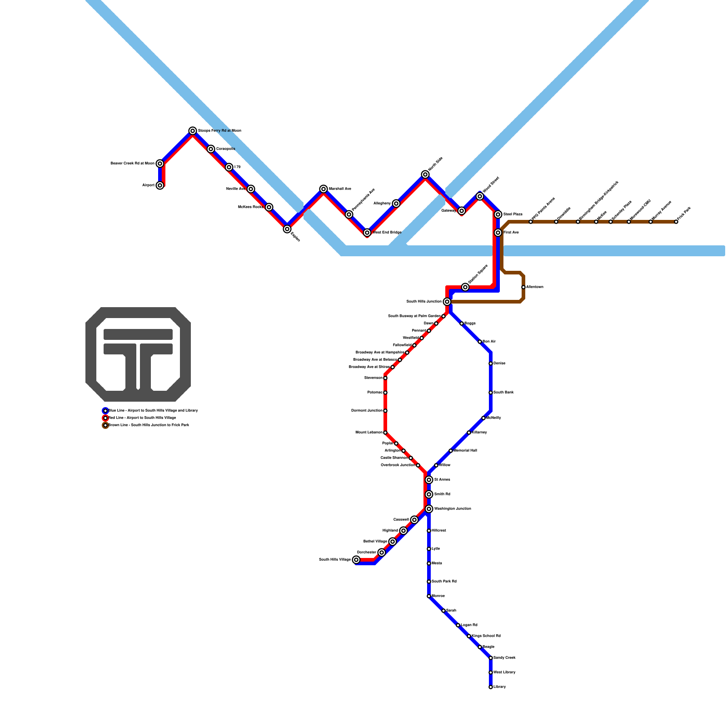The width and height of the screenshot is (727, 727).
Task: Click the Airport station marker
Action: pos(160,185)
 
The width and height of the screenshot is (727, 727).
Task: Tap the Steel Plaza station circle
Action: pos(498,214)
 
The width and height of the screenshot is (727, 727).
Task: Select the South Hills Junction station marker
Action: pos(447,302)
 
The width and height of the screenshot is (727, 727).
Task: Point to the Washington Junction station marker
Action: pos(429,509)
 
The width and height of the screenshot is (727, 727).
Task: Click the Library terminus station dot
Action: pos(491,687)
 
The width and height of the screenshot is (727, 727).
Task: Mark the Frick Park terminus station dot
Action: pos(676,222)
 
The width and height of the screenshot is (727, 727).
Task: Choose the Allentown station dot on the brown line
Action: pos(523,287)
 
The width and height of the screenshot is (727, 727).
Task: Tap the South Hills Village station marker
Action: pos(356,560)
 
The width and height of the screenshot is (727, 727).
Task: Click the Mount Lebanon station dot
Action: pos(385,433)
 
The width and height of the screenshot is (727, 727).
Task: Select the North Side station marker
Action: pos(425,174)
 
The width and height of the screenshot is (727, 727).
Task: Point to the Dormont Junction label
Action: pos(366,411)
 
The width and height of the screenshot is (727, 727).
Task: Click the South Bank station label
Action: pos(503,393)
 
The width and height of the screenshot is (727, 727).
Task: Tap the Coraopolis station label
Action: pos(225,149)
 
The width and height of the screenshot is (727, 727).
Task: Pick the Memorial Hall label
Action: pos(465,451)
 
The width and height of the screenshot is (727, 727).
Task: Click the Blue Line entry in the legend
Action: pos(153,411)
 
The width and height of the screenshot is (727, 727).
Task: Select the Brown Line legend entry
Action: pos(148,425)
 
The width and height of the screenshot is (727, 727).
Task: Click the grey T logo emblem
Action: pos(138,354)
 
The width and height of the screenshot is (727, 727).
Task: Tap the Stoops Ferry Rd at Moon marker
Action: pos(193,131)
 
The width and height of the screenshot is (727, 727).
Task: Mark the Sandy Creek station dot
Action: pos(491,658)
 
